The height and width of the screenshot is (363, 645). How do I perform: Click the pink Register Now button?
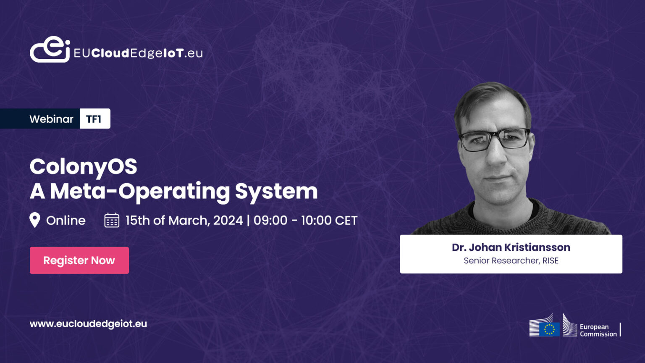pyautogui.click(x=79, y=260)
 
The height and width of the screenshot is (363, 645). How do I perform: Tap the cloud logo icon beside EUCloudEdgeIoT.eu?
pyautogui.click(x=50, y=50)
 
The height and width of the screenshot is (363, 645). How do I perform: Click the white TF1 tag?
pyautogui.click(x=94, y=119)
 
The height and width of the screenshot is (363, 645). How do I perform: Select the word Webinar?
pyautogui.click(x=51, y=119)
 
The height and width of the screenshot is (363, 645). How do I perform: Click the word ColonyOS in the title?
pyautogui.click(x=83, y=166)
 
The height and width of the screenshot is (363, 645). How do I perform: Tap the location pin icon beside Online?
pyautogui.click(x=35, y=220)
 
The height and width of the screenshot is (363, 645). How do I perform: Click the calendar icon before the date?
pyautogui.click(x=112, y=220)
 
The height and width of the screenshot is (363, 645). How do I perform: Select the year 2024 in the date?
pyautogui.click(x=228, y=220)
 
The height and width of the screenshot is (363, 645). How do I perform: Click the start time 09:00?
pyautogui.click(x=270, y=220)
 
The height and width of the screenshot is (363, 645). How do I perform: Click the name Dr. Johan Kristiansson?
pyautogui.click(x=511, y=247)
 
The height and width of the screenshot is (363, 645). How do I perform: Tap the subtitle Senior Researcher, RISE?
pyautogui.click(x=511, y=260)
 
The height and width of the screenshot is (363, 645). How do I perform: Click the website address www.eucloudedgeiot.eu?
pyautogui.click(x=88, y=324)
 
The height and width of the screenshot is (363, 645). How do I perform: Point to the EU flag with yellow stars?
pyautogui.click(x=549, y=329)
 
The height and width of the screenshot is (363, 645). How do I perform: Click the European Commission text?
pyautogui.click(x=598, y=330)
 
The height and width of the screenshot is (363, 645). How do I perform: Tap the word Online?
pyautogui.click(x=66, y=220)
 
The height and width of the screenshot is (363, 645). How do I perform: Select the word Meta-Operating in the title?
pyautogui.click(x=140, y=191)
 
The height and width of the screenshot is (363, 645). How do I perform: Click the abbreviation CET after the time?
pyautogui.click(x=346, y=220)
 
